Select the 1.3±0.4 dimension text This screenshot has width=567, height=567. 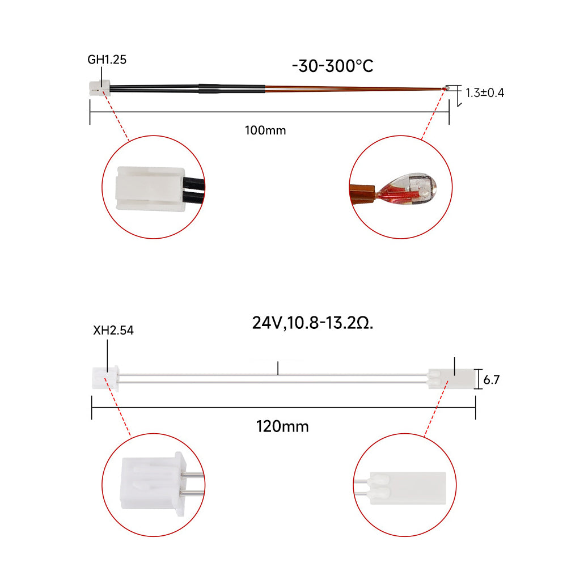point(484,92)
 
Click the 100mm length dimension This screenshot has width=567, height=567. point(265,130)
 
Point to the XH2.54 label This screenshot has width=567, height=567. point(113,330)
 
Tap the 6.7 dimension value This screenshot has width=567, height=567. point(492,379)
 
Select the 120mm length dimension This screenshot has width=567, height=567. point(282,426)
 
